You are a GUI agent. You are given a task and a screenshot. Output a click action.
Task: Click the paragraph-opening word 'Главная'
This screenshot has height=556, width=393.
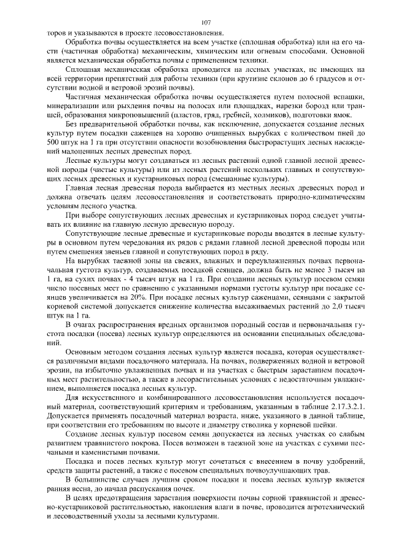click(79, 187)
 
